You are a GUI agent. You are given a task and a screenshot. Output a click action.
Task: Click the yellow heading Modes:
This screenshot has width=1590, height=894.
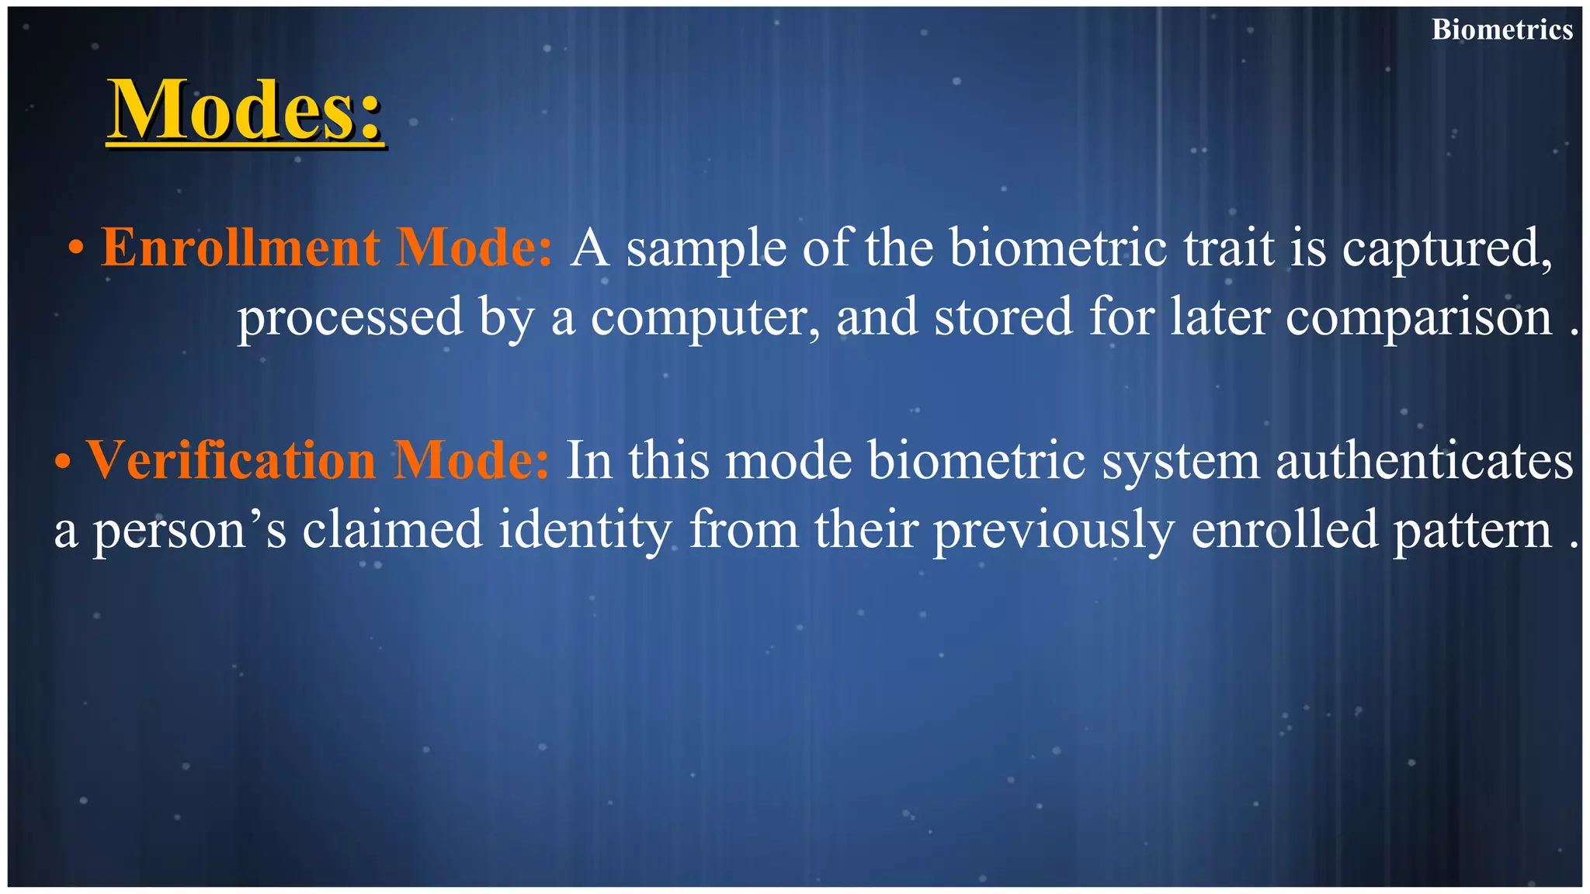[245, 110]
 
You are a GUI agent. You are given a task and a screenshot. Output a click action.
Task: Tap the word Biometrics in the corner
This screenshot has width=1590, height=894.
[1502, 29]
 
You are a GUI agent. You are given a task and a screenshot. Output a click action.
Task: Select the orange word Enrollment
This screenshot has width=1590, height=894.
[241, 248]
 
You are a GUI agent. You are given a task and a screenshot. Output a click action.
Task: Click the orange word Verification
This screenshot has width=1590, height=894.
[231, 460]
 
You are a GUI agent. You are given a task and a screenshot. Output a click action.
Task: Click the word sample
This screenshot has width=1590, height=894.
[706, 248]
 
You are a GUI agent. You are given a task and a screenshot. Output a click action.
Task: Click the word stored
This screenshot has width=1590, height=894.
[1002, 317]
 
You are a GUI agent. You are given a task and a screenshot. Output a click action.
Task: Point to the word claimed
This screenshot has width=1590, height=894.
[392, 529]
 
